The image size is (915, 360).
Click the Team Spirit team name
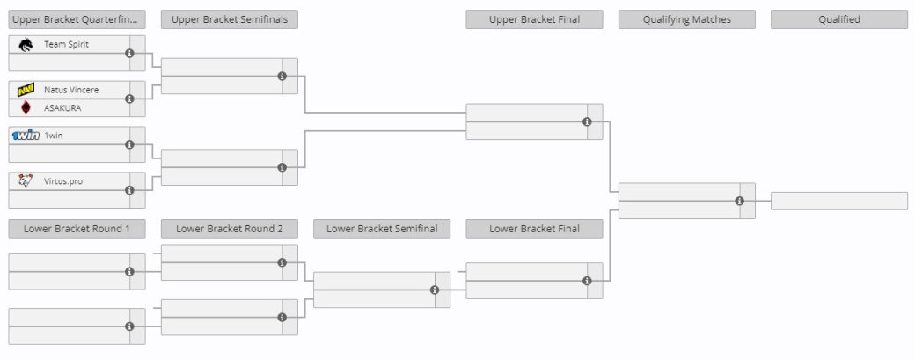pyautogui.click(x=66, y=44)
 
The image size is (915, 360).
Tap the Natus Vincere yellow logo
pyautogui.click(x=26, y=90)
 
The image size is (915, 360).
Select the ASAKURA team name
pyautogui.click(x=62, y=108)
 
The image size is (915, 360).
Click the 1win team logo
pyautogui.click(x=26, y=136)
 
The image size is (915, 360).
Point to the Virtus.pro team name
pyautogui.click(x=63, y=180)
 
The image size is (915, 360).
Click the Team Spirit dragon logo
pyautogui.click(x=26, y=44)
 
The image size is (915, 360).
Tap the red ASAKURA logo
pyautogui.click(x=26, y=108)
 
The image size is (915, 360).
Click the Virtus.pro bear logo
pyautogui.click(x=26, y=180)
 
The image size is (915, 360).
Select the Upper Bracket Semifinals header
pyautogui.click(x=230, y=19)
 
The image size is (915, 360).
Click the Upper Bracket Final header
pyautogui.click(x=534, y=19)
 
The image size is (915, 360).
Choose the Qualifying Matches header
pyautogui.click(x=687, y=19)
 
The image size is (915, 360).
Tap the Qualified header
pyautogui.click(x=839, y=19)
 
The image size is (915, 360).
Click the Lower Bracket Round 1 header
pyautogui.click(x=77, y=229)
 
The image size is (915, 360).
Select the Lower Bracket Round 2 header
pyautogui.click(x=230, y=229)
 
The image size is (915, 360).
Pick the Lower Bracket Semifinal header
pyautogui.click(x=382, y=229)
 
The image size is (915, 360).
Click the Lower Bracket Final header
pyautogui.click(x=534, y=229)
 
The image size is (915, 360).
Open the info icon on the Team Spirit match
pyautogui.click(x=129, y=53)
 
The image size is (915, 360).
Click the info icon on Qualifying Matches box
pyautogui.click(x=739, y=201)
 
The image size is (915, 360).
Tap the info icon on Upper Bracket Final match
pyautogui.click(x=587, y=122)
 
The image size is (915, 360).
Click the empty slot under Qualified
pyautogui.click(x=839, y=201)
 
